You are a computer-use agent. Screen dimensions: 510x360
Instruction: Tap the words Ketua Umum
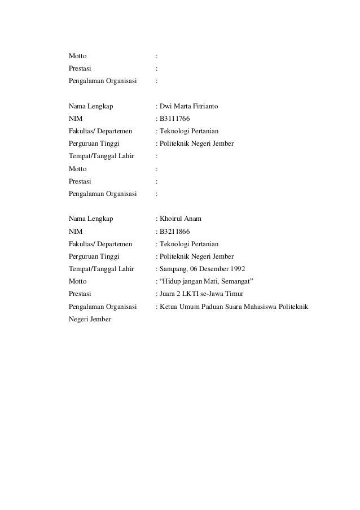(x=177, y=307)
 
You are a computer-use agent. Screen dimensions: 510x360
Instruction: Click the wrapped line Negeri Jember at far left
(x=90, y=319)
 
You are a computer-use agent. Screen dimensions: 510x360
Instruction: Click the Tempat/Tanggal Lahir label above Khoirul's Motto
(x=101, y=269)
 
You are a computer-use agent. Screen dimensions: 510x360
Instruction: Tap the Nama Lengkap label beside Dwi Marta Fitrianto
(x=90, y=106)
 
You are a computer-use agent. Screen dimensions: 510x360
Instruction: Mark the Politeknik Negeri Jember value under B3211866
(x=196, y=256)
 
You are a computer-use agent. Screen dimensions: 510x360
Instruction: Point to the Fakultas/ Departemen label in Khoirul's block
(x=100, y=244)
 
